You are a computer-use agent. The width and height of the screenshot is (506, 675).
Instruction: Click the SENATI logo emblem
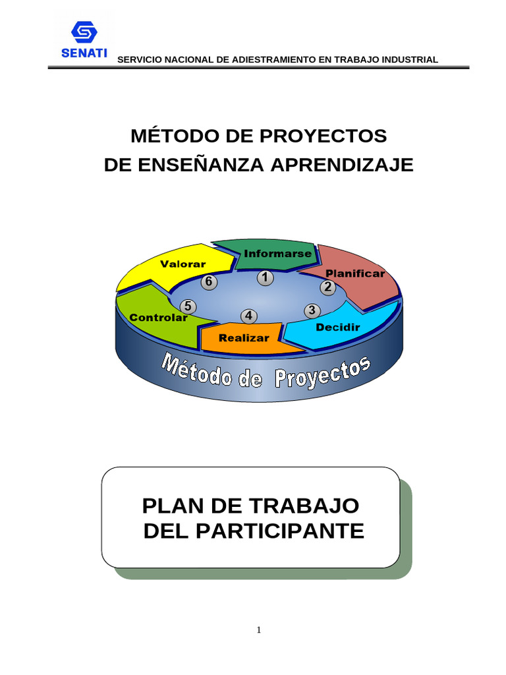tap(84, 34)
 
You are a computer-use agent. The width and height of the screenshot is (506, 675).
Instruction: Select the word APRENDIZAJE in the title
tap(342, 165)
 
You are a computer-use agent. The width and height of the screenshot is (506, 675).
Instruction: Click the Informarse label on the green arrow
tap(269, 253)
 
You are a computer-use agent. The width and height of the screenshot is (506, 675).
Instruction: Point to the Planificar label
tap(355, 274)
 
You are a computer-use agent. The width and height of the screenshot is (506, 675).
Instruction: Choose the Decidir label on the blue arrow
tap(337, 327)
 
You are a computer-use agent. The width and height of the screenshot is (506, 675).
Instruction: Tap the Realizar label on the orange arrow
tap(244, 337)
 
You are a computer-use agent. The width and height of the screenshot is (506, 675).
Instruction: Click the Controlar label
tap(159, 317)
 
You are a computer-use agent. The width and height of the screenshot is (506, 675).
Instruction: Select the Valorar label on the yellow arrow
tap(183, 264)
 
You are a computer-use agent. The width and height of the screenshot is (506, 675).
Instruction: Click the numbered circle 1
tap(266, 278)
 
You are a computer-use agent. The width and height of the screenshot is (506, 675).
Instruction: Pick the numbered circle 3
tap(312, 310)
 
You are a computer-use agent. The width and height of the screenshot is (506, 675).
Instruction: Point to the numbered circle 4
tap(248, 316)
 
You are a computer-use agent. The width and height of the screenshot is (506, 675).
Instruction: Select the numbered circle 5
tap(188, 307)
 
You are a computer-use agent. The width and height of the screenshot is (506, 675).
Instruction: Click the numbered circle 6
tap(209, 282)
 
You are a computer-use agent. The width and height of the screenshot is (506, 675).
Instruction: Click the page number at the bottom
tap(259, 630)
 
